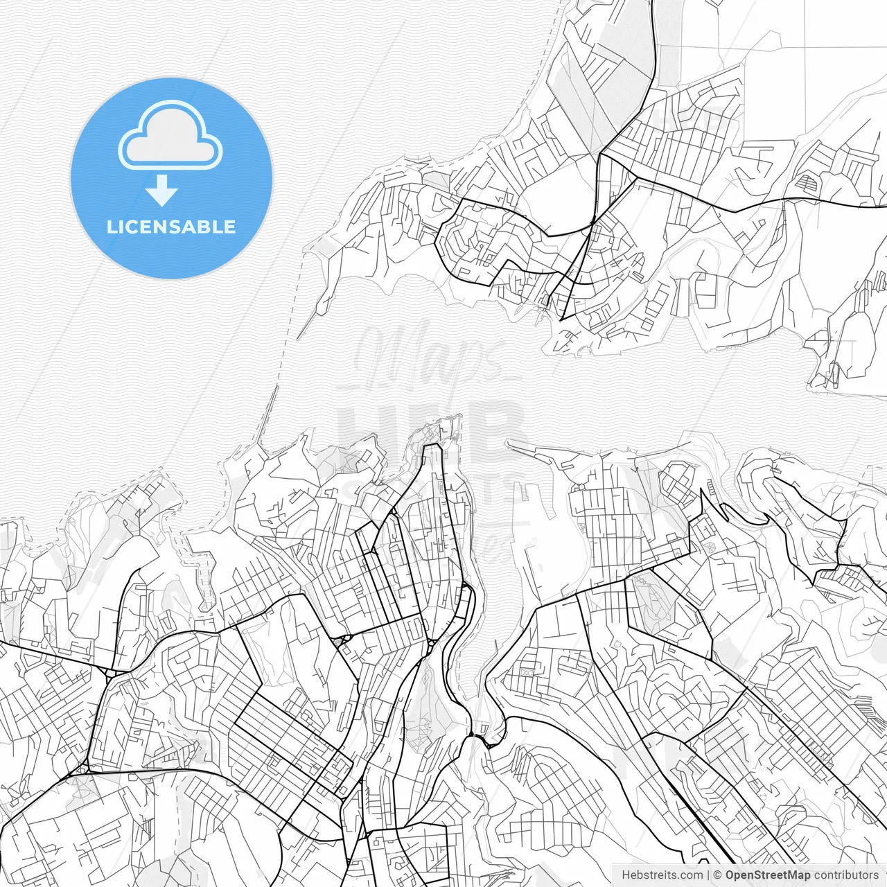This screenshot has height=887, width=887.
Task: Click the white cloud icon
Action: [x=170, y=137]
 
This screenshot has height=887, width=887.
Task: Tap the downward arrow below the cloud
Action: [x=162, y=191]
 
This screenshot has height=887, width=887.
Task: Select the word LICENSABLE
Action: [x=171, y=227]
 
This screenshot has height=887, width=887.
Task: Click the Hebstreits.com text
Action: [x=662, y=875]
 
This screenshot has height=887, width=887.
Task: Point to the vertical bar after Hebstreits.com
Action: [x=708, y=875]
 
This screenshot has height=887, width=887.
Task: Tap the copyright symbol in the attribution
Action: [x=718, y=875]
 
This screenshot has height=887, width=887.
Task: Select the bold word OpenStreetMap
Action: [x=768, y=875]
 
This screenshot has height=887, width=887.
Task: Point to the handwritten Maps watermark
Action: [x=430, y=357]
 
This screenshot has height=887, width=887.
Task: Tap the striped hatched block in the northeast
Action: [x=808, y=183]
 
